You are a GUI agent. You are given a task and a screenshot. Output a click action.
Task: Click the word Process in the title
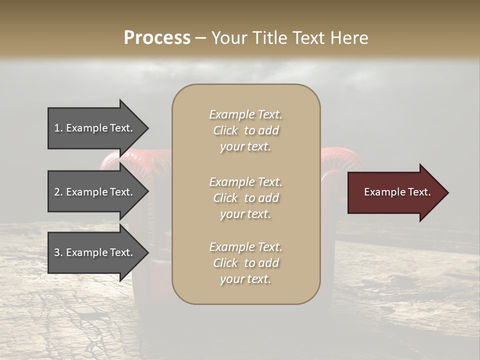click(157, 38)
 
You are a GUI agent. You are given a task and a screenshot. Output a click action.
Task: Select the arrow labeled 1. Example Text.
click(95, 128)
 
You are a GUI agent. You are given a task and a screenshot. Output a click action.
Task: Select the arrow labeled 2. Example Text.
click(95, 192)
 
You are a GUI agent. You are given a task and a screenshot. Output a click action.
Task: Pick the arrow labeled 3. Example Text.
click(95, 252)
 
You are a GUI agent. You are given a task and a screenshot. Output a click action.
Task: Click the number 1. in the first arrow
click(58, 128)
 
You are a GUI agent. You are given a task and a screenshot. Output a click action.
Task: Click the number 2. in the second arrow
click(58, 192)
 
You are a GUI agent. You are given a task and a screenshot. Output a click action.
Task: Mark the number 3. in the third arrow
click(58, 252)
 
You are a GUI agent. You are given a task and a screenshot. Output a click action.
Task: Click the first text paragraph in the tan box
click(245, 130)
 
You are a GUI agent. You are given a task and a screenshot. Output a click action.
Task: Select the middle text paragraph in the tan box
click(245, 198)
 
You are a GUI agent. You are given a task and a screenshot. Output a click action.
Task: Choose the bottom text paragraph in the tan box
click(245, 263)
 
